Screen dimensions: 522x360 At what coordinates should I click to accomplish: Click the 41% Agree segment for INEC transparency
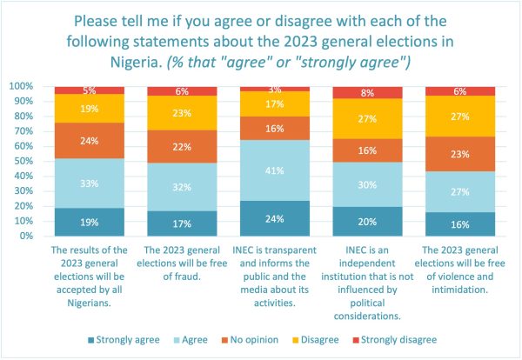tap(275, 170)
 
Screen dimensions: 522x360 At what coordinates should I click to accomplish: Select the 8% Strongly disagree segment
tap(367, 92)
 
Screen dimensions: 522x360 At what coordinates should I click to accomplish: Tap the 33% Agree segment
tap(90, 183)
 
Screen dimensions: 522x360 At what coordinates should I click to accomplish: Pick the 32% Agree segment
tap(182, 187)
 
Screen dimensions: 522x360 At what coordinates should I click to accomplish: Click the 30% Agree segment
tap(367, 184)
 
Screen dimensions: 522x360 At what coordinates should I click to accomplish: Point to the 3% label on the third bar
tap(275, 90)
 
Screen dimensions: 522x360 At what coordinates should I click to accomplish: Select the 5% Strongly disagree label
tap(90, 90)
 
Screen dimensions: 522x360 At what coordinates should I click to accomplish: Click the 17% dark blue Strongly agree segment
tap(182, 223)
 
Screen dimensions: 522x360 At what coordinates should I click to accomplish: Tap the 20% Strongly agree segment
tap(367, 222)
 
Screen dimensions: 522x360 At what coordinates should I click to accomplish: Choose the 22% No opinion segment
tap(182, 147)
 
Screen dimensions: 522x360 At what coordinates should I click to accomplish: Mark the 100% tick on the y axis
tap(21, 86)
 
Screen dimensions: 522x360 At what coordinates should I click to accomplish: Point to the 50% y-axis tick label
tap(23, 161)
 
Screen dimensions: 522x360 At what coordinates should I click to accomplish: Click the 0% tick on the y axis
tap(26, 236)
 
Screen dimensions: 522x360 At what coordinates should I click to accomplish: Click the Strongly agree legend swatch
tap(90, 340)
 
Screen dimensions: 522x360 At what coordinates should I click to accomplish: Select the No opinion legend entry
tap(250, 340)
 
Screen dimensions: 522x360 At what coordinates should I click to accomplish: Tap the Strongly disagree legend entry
tap(395, 340)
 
